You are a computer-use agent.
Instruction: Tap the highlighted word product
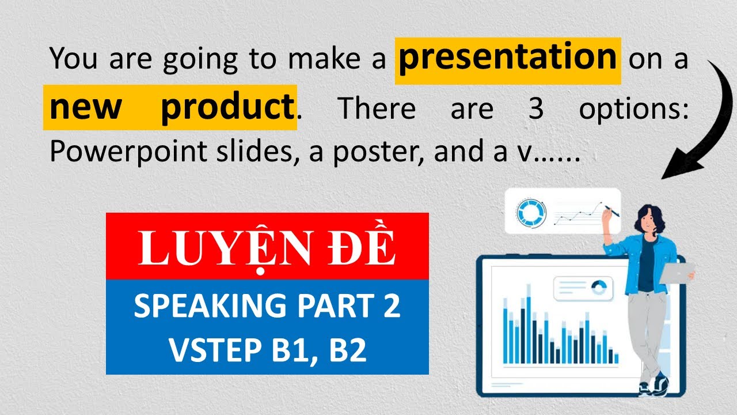pyautogui.click(x=227, y=108)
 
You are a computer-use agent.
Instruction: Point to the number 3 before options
pyautogui.click(x=535, y=108)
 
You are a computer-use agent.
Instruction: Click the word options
pyautogui.click(x=633, y=108)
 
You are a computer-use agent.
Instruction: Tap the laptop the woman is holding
pyautogui.click(x=677, y=271)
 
